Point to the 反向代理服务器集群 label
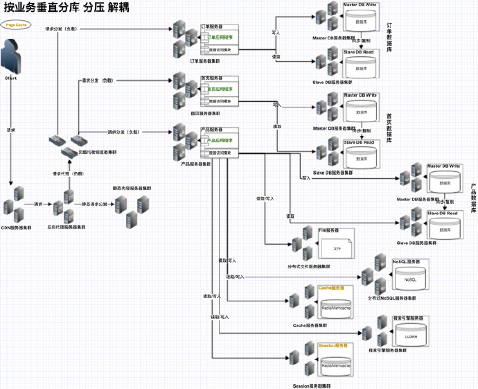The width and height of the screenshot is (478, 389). (67, 227)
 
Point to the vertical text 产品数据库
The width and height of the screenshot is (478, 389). (472, 198)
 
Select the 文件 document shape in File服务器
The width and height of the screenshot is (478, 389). (337, 248)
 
